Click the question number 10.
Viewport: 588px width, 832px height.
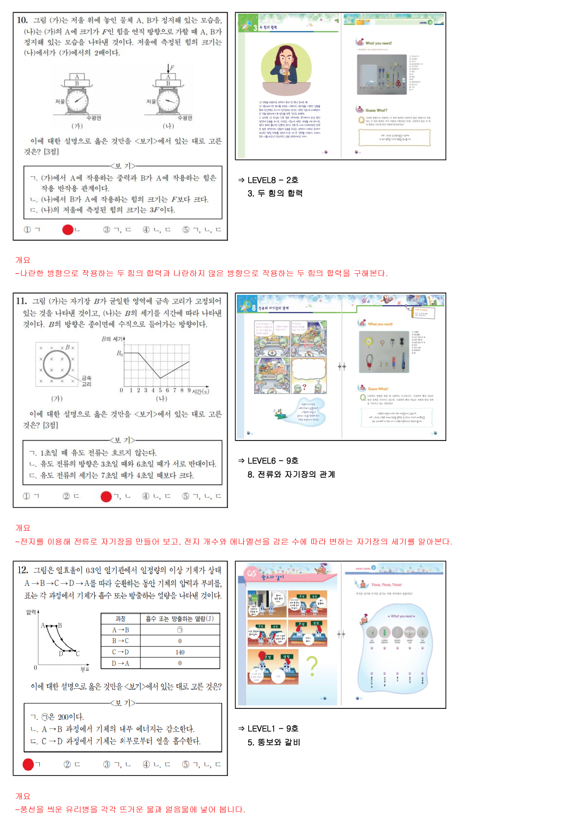point(22,20)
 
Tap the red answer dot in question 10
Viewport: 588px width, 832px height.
point(68,230)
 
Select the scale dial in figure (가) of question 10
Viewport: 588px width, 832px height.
point(77,102)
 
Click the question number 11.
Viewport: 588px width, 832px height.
point(22,301)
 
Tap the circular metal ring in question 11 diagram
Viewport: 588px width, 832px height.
point(56,364)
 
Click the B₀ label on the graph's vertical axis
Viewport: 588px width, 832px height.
point(119,353)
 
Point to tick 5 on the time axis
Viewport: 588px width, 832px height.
point(160,390)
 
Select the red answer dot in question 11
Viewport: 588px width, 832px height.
point(106,496)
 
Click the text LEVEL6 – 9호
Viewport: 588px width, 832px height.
point(273,461)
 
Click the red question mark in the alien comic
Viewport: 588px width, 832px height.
point(305,387)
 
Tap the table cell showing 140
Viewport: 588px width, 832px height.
point(180,652)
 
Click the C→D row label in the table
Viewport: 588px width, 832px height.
point(120,652)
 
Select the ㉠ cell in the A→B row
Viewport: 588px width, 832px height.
point(180,630)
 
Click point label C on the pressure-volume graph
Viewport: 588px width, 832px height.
point(77,653)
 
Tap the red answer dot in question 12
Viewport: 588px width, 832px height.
point(28,764)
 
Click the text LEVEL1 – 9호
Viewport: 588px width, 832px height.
point(273,728)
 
